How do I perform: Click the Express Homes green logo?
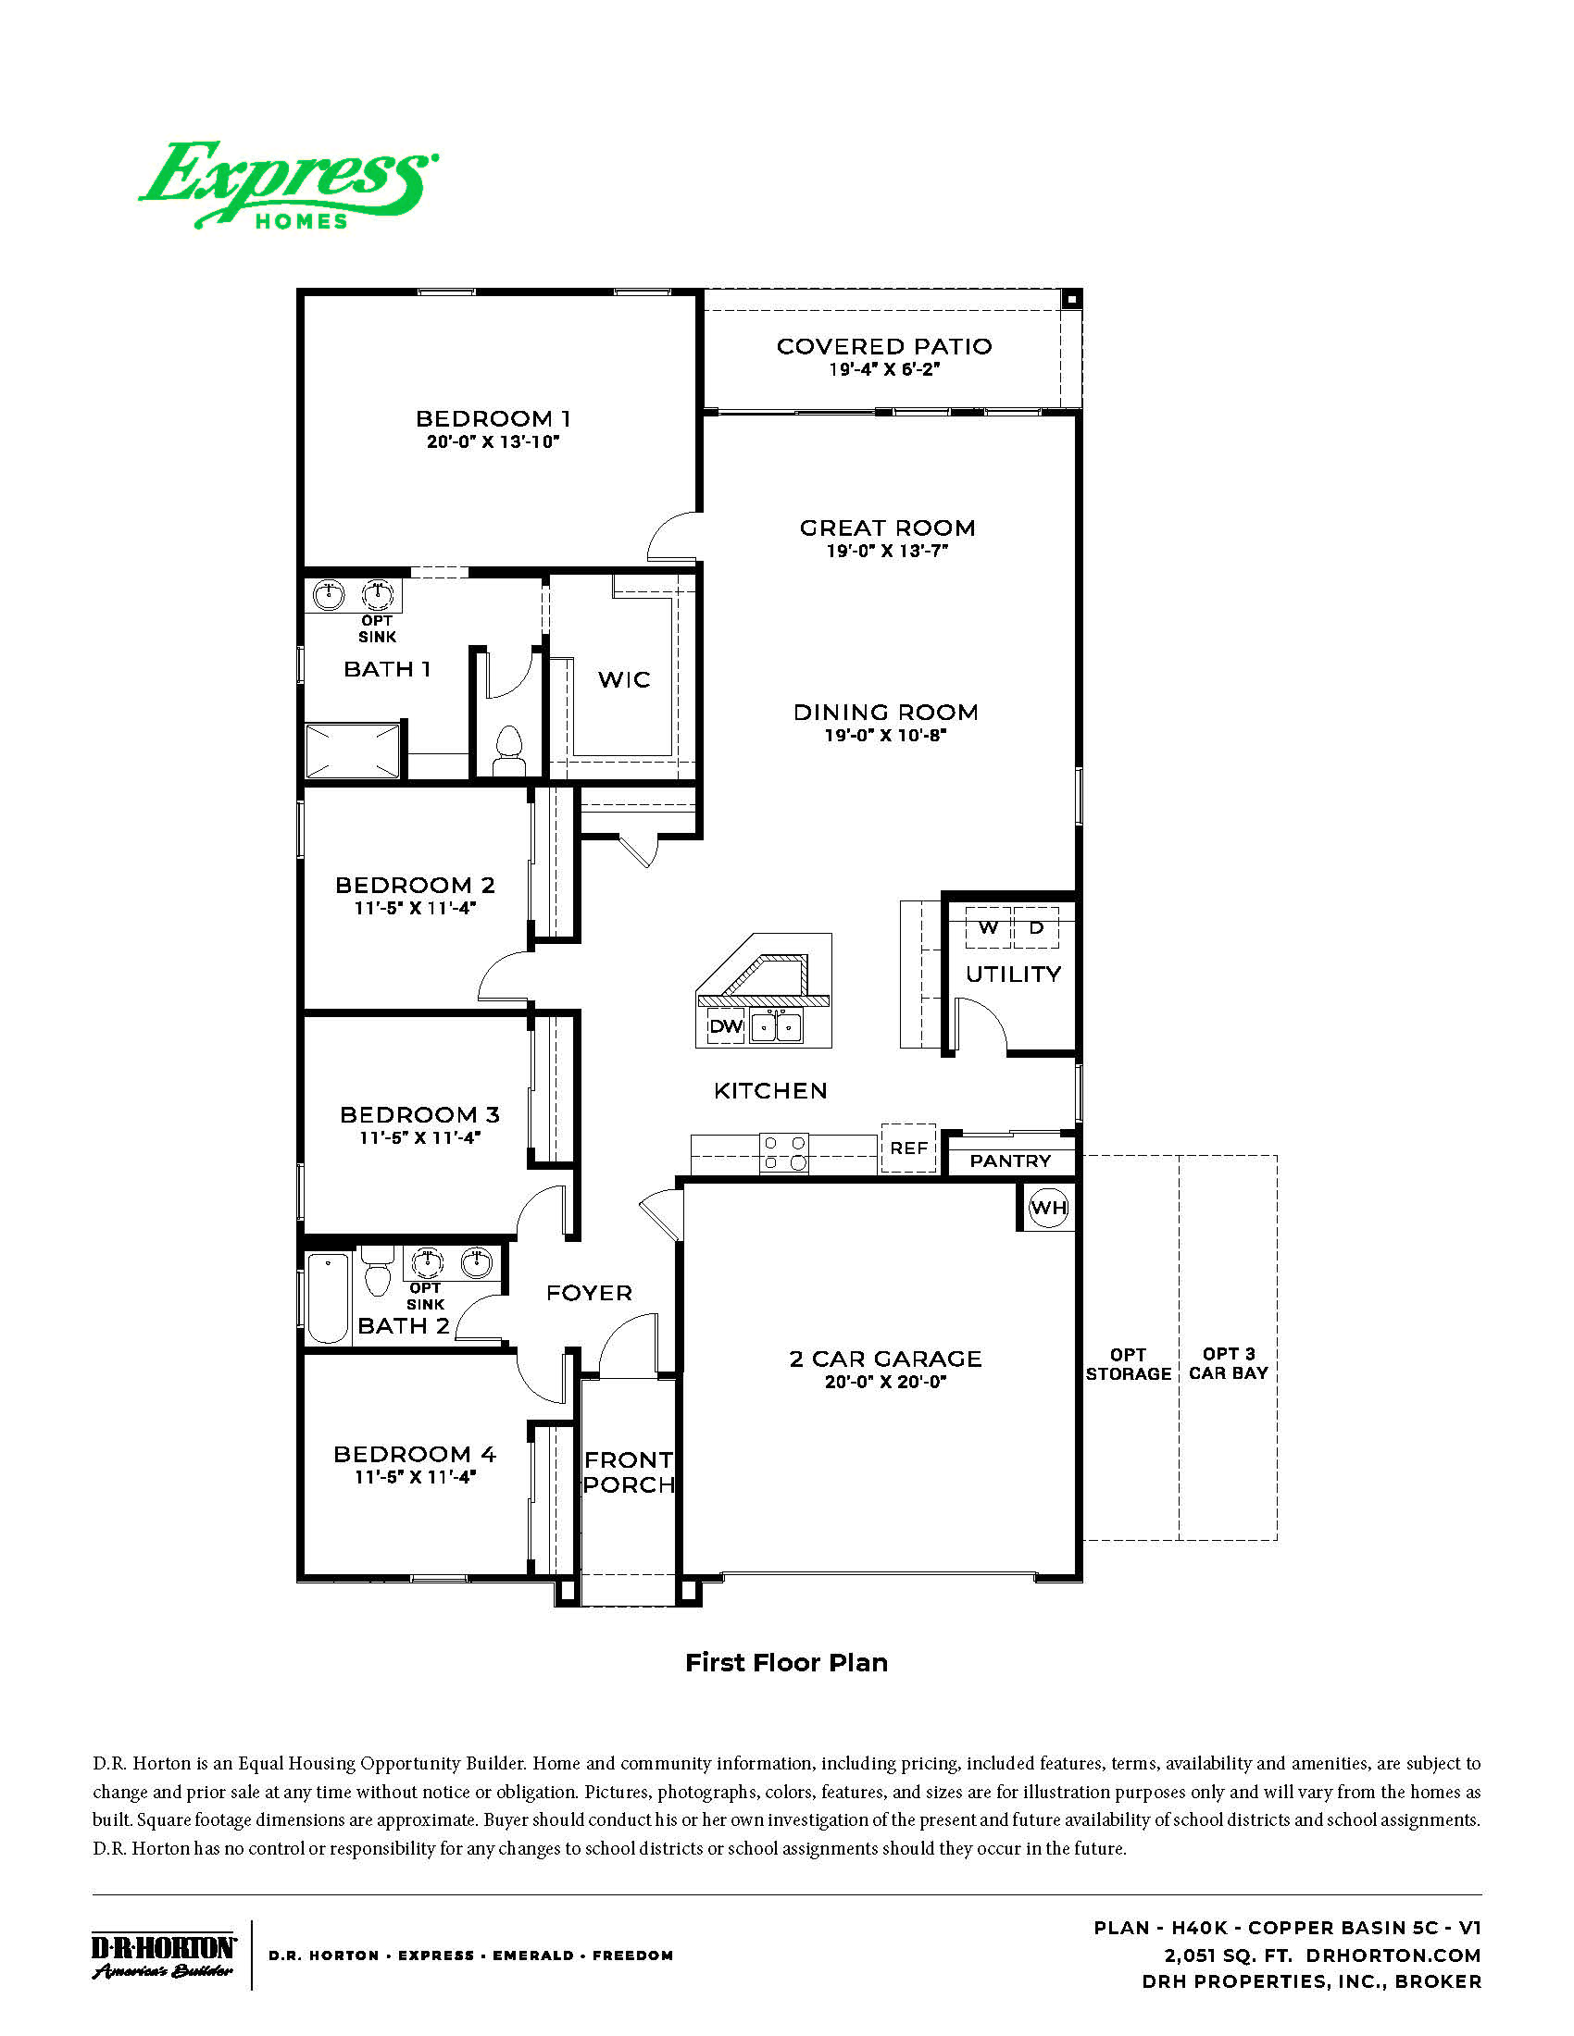[289, 184]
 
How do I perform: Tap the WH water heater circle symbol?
[1047, 1208]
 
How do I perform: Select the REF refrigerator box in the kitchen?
[908, 1148]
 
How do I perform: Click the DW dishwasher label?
[726, 1026]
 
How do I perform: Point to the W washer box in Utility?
[989, 927]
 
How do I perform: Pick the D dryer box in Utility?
[1036, 927]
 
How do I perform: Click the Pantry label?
[1010, 1161]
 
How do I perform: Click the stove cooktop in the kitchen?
[784, 1152]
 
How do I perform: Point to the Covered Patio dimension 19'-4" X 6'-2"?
[884, 369]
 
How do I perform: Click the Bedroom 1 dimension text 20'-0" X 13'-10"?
[493, 441]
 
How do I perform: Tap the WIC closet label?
[624, 679]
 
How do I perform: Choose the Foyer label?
[589, 1293]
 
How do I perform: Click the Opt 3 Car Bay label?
[1228, 1363]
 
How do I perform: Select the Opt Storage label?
[1129, 1364]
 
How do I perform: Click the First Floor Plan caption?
[786, 1662]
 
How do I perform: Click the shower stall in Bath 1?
[354, 751]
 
